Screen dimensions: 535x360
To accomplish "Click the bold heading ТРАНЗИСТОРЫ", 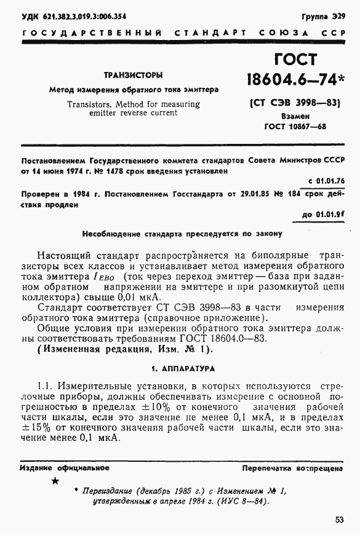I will [134, 75].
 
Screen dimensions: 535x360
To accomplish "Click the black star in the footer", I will [55, 481].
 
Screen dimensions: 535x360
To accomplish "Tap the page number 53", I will [339, 520].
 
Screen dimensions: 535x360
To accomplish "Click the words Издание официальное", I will [64, 468].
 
